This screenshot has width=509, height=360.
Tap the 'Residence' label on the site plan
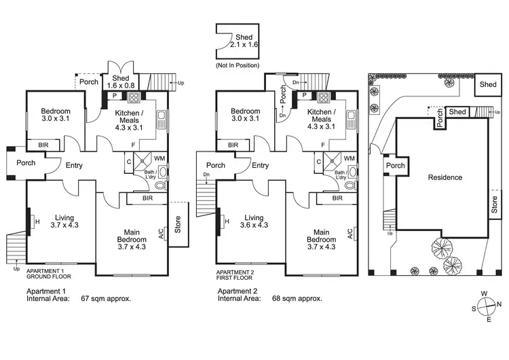coord(445,177)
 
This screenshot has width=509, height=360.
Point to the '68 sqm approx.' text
coord(296,298)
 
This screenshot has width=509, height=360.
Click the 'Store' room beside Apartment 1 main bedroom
coord(178,224)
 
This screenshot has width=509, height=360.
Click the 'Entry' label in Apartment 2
coord(260,165)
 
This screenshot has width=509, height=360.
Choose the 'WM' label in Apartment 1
coord(159,158)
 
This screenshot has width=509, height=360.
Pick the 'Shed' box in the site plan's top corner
coord(487,84)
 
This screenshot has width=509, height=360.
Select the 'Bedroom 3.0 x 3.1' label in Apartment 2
coord(245,115)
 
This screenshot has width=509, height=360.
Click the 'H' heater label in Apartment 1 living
coord(37,221)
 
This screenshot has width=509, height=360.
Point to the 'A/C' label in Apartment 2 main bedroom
coord(350,234)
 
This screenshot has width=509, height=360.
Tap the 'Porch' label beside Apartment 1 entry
coord(26,162)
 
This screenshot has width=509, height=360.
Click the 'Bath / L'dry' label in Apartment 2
coord(343,177)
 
